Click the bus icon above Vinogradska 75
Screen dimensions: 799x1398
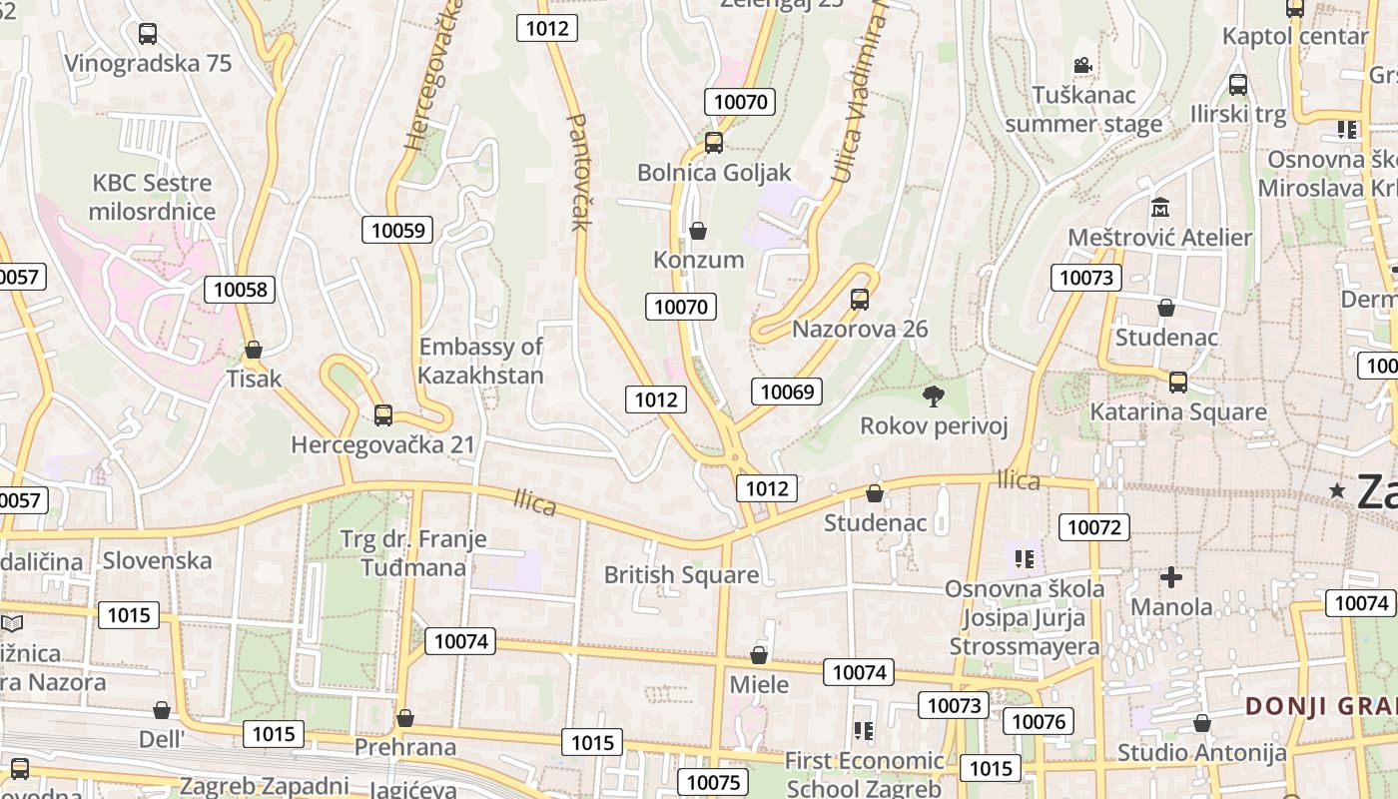pyautogui.click(x=148, y=34)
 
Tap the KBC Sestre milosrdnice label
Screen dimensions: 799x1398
pyautogui.click(x=152, y=197)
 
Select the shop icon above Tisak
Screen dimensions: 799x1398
pyautogui.click(x=254, y=351)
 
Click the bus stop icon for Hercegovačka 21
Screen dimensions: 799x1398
pyautogui.click(x=383, y=415)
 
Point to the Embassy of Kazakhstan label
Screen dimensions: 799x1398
pyautogui.click(x=480, y=361)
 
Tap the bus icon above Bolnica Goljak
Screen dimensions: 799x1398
pyautogui.click(x=714, y=143)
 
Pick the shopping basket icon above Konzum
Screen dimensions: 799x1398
pyautogui.click(x=698, y=231)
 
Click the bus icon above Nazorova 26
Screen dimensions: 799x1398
pyautogui.click(x=860, y=300)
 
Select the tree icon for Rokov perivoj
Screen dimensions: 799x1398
pyautogui.click(x=934, y=397)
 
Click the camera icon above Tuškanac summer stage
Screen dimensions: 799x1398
pyautogui.click(x=1082, y=66)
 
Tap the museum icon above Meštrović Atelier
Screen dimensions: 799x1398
pyautogui.click(x=1160, y=208)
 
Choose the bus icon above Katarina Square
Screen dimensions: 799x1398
pyautogui.click(x=1178, y=383)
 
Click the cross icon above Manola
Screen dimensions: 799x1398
pyautogui.click(x=1171, y=577)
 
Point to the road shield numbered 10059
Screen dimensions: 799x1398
pyautogui.click(x=398, y=231)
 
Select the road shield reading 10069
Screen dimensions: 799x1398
pyautogui.click(x=787, y=392)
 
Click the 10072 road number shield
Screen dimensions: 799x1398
pyautogui.click(x=1094, y=527)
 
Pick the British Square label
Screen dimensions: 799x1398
pyautogui.click(x=681, y=575)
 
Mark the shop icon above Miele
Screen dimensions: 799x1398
pyautogui.click(x=759, y=655)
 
